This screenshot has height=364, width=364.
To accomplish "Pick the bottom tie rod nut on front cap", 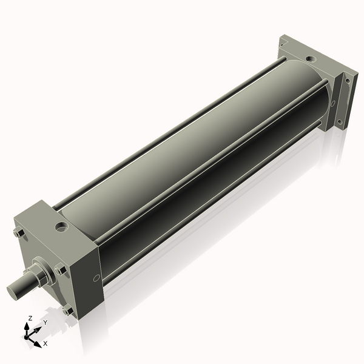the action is click(x=68, y=311).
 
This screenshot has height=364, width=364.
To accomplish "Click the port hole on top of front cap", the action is click(x=62, y=226).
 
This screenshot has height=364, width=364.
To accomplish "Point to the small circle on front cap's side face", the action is click(x=96, y=277).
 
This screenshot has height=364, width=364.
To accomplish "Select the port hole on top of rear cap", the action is click(x=311, y=59).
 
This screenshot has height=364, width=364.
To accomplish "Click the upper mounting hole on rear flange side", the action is click(x=348, y=81).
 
